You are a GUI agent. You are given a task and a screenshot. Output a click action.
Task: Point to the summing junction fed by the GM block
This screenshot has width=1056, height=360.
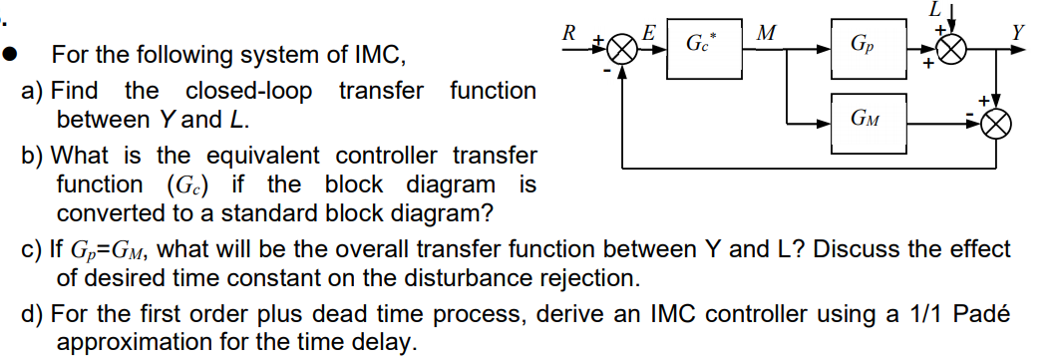tap(997, 124)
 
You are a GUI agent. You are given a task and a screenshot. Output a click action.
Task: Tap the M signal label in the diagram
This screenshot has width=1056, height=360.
tap(766, 33)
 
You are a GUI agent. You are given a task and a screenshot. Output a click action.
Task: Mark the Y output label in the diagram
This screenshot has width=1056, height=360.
tap(1018, 32)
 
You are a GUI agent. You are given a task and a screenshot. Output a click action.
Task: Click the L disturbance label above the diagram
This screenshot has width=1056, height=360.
tap(934, 9)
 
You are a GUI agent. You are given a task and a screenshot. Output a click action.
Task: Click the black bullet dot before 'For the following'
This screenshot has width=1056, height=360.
tap(16, 54)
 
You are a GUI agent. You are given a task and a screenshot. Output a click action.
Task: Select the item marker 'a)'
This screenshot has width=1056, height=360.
tap(32, 91)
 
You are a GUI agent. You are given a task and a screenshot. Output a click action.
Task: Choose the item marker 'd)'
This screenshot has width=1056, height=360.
tap(33, 315)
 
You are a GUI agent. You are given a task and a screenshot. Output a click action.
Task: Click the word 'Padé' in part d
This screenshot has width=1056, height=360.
tap(982, 315)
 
